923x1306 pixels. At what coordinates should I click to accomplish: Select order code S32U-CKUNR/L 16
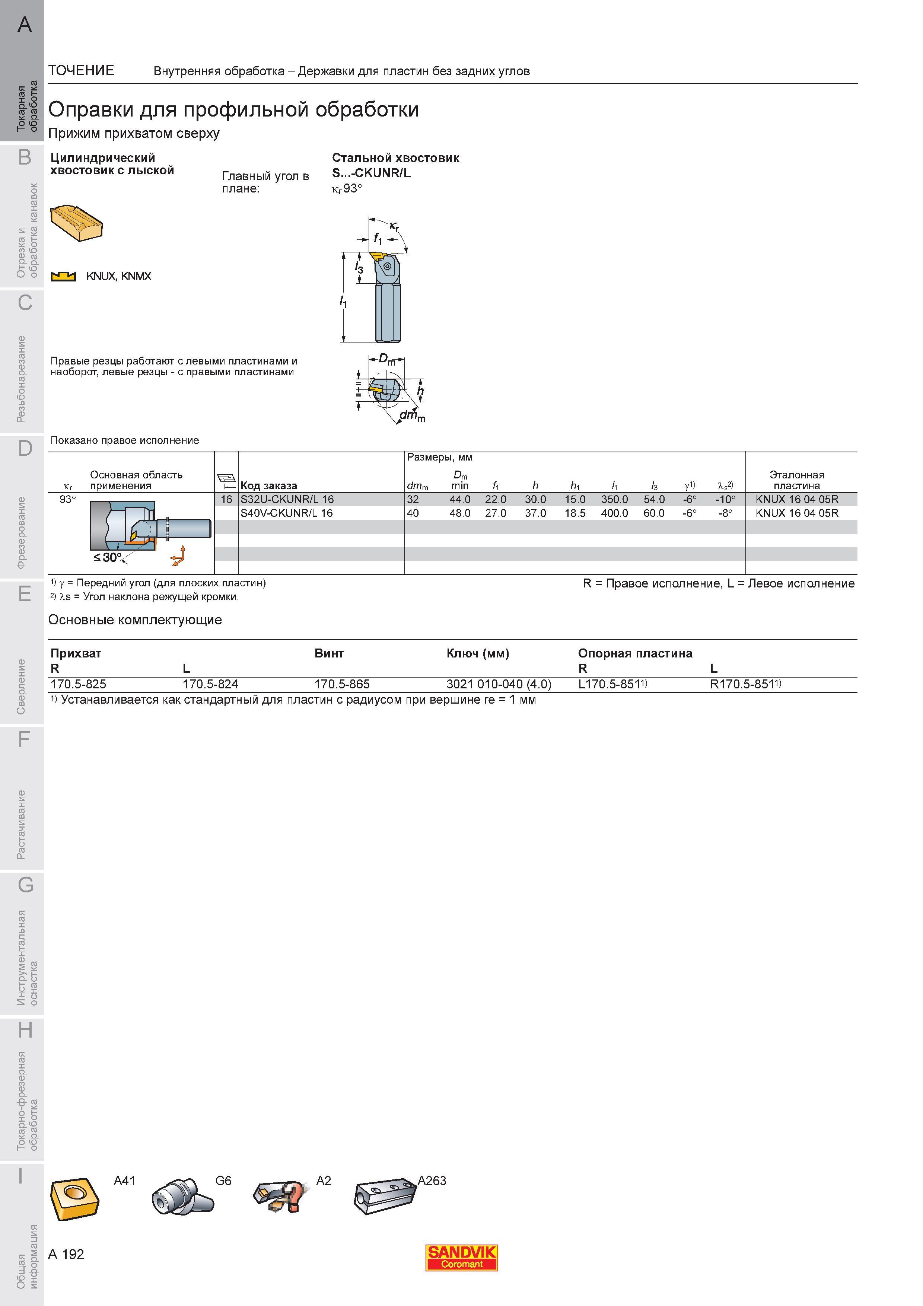287,499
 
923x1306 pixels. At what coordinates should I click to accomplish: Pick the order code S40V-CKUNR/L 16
287,513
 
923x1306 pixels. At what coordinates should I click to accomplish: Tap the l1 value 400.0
614,513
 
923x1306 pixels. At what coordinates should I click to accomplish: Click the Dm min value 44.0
460,499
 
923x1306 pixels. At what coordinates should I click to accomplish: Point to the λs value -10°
725,499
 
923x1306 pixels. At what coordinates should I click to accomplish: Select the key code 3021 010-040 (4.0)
499,684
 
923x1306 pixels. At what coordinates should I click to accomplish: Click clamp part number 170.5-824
210,684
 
